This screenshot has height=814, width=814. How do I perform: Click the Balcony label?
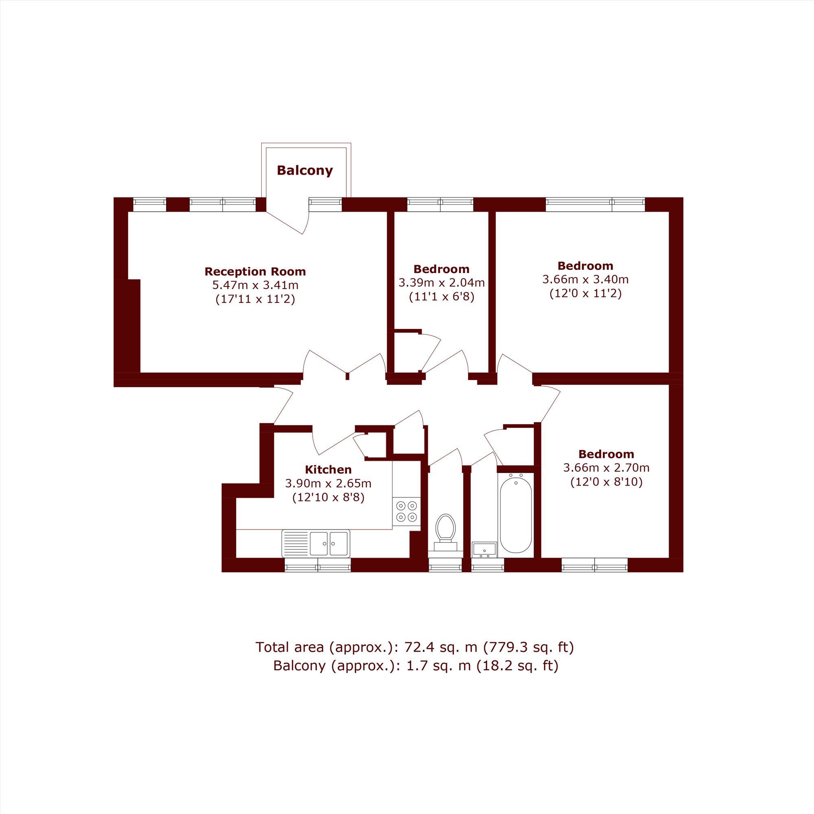point(304,170)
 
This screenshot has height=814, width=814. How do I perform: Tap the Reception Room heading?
point(255,271)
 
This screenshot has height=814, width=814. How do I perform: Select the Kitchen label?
point(328,469)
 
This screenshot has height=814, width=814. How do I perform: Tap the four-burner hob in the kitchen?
point(406,511)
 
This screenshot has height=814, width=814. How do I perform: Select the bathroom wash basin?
point(484,549)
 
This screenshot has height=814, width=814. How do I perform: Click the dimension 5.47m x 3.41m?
point(255,285)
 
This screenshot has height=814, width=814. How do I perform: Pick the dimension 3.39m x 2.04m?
point(442,282)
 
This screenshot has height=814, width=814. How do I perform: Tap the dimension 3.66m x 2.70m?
point(606,468)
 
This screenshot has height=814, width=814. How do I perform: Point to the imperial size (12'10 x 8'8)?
point(328,498)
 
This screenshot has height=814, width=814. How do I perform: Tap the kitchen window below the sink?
point(318,565)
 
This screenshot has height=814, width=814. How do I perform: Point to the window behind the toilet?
point(445,565)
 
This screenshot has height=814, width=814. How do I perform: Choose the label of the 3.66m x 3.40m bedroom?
point(585,266)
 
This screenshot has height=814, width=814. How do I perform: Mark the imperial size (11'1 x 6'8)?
point(442,297)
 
